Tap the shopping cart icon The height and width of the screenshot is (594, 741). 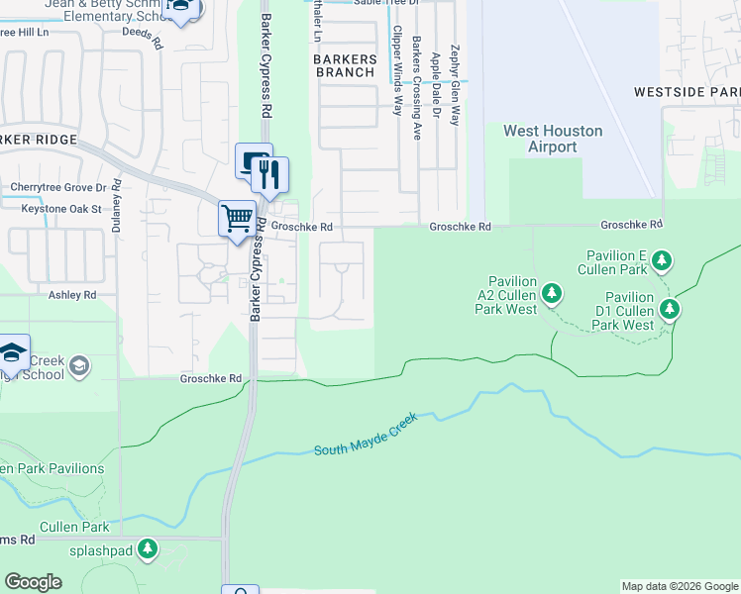(x=237, y=217)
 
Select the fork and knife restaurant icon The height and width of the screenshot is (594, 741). (x=269, y=176)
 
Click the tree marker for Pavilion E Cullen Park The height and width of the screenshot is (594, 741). (x=662, y=261)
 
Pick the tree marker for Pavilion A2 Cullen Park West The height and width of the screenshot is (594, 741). (x=553, y=293)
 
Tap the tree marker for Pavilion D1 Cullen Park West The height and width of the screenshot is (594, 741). (x=671, y=310)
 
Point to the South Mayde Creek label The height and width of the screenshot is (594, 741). (x=366, y=437)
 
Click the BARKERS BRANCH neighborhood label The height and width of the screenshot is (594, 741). (x=345, y=66)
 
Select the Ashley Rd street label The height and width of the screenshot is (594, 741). (x=72, y=295)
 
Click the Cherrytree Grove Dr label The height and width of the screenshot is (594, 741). (x=57, y=187)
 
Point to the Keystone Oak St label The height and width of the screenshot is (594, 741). (x=55, y=209)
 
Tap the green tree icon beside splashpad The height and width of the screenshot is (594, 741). (x=148, y=548)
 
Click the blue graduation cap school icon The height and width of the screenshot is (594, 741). (x=12, y=352)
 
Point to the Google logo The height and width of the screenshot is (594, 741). (x=34, y=582)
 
